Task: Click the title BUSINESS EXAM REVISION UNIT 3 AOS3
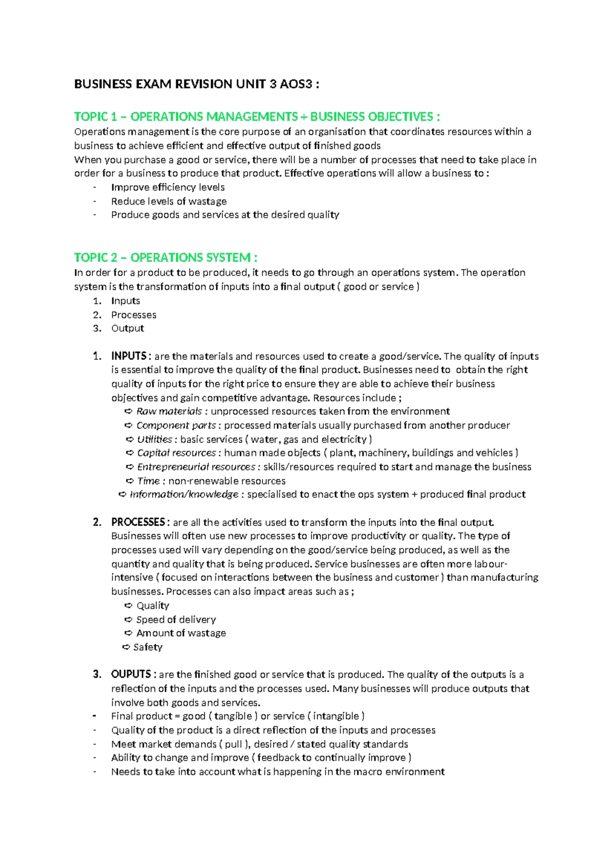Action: [196, 84]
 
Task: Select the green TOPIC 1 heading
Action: [257, 117]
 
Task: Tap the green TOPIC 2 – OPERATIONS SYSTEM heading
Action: [165, 257]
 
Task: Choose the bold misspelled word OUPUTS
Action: [131, 674]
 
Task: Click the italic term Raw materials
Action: [169, 411]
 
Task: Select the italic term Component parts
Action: [176, 425]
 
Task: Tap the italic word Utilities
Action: [155, 439]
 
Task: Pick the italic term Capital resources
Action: [177, 452]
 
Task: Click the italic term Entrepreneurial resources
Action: [196, 467]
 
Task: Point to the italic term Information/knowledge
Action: [184, 494]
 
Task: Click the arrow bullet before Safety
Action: [126, 647]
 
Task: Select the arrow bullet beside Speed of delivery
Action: [128, 620]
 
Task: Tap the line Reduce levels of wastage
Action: [169, 201]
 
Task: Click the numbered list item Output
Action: [127, 328]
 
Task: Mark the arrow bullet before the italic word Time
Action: [130, 481]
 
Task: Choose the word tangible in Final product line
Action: [233, 716]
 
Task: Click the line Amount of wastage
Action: [181, 633]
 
